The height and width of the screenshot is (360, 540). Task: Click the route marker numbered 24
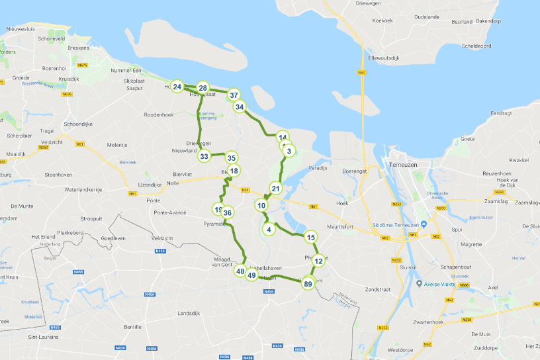tap(177, 87)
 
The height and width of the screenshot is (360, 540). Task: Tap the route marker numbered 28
tap(203, 88)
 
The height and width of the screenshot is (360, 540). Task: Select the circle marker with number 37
tap(234, 95)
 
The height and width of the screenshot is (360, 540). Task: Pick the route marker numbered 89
tap(308, 283)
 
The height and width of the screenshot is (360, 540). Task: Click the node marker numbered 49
tap(251, 275)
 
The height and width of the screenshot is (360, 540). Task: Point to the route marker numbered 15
tap(311, 237)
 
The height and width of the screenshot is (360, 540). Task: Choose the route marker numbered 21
tap(276, 189)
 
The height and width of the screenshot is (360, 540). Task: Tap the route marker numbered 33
tap(204, 156)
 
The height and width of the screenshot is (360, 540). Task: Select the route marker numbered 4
tap(268, 230)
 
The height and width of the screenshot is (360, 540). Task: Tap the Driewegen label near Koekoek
tap(384, 3)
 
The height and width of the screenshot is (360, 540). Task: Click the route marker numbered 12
tap(318, 261)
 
